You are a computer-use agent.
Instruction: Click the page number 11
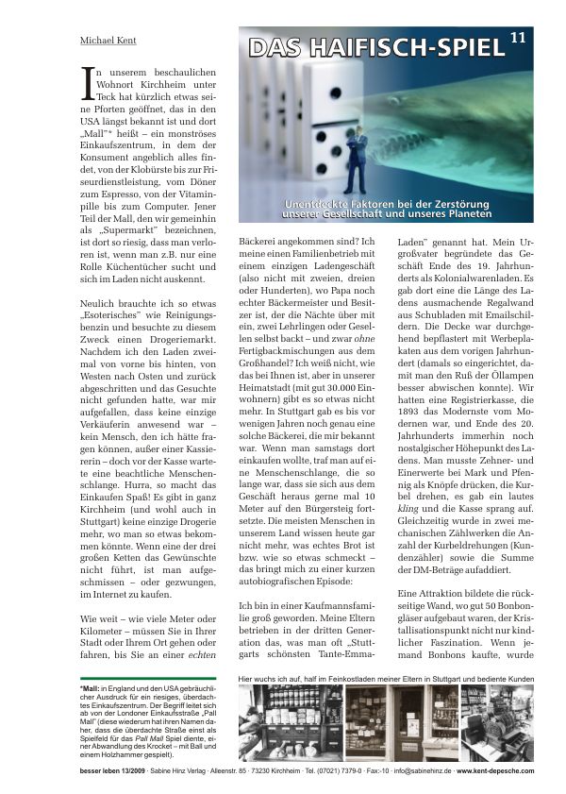[519, 38]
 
